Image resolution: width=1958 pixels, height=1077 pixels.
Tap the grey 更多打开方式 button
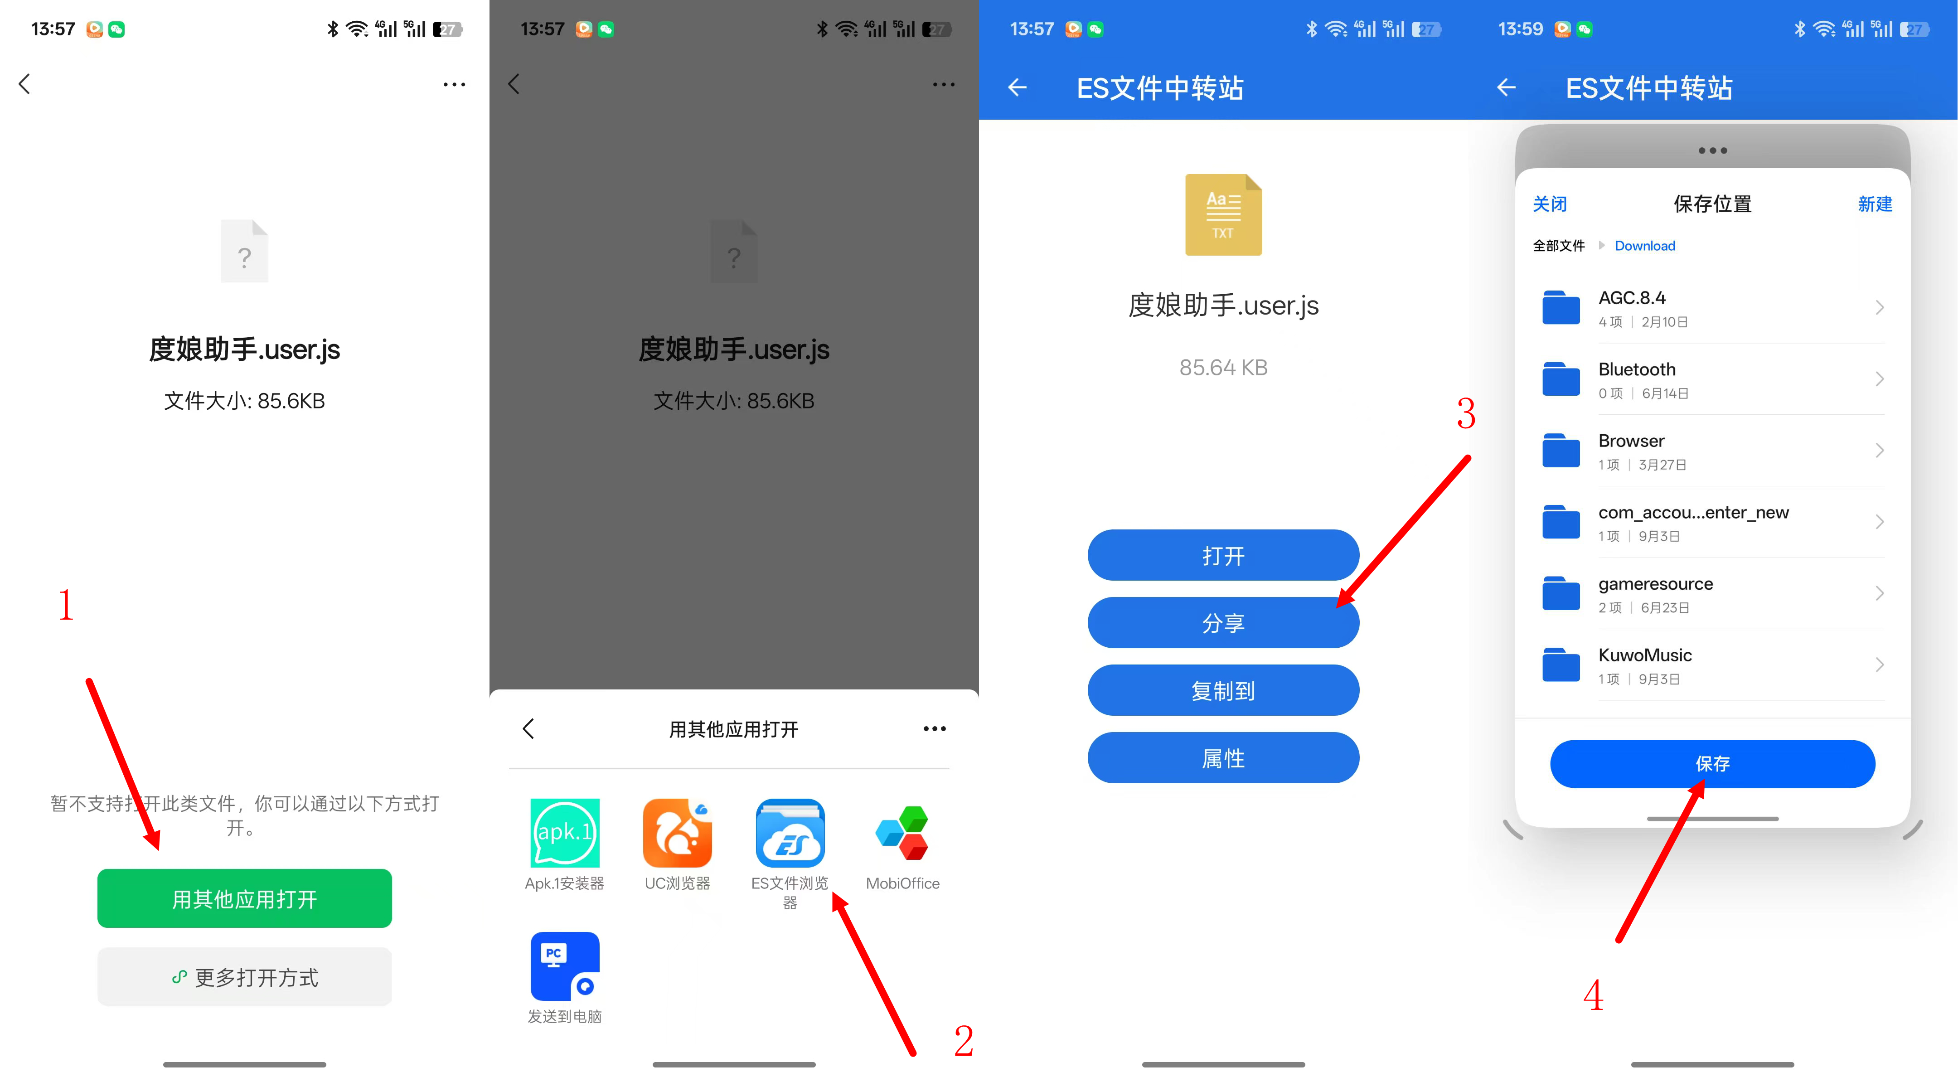(x=244, y=977)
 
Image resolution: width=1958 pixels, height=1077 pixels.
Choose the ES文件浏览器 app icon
(x=790, y=833)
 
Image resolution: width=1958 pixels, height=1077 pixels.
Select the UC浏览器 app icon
(x=677, y=833)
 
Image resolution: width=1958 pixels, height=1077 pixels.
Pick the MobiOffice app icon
(x=902, y=833)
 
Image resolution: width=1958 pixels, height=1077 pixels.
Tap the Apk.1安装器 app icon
(x=565, y=833)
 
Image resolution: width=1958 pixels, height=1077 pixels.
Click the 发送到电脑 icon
(x=565, y=966)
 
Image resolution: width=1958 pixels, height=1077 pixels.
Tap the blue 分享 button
(x=1223, y=622)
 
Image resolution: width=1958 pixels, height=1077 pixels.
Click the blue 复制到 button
(x=1223, y=690)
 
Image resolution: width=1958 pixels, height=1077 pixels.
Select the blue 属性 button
(x=1223, y=758)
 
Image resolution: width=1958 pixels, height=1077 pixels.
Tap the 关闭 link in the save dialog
(x=1550, y=204)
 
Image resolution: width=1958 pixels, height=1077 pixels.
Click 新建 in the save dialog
(x=1875, y=204)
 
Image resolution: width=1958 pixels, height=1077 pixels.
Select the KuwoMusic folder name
(x=1645, y=655)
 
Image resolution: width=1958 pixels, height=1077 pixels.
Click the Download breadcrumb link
(x=1645, y=246)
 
